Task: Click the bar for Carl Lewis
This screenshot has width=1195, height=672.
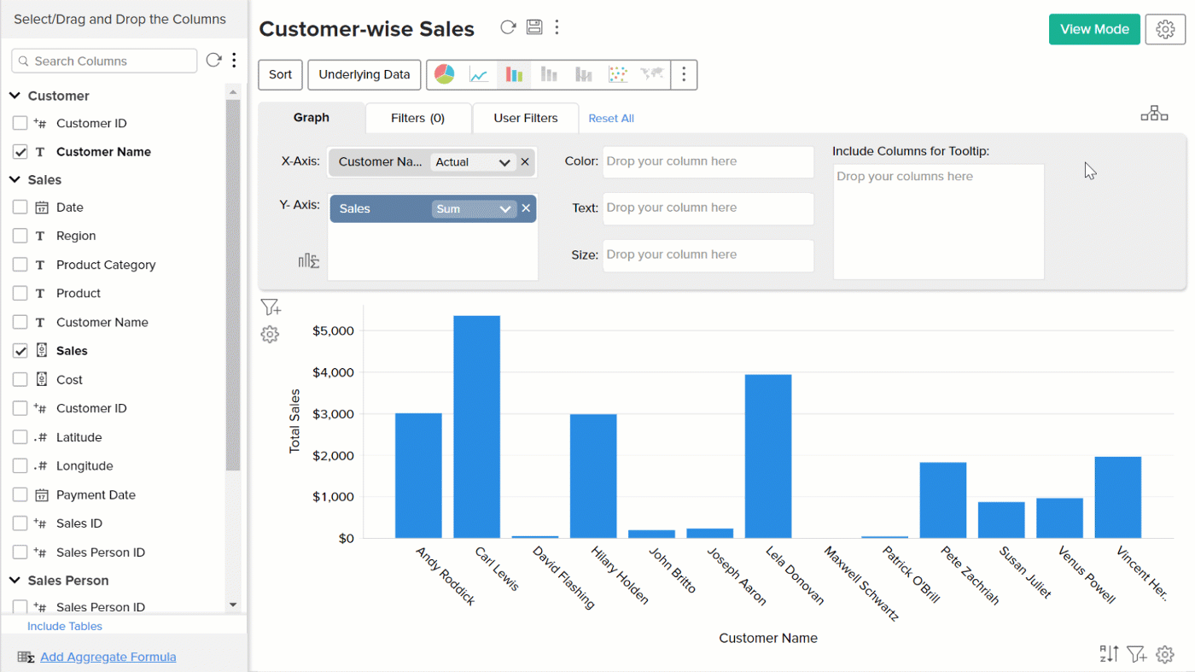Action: coord(476,427)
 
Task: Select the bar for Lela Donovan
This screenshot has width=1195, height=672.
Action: coord(768,456)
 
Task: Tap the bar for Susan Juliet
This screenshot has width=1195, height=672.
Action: coord(1001,520)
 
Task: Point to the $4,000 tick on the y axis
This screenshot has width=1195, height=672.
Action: coord(334,372)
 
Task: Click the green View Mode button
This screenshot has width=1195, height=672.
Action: coord(1094,29)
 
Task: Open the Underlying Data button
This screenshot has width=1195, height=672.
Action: coord(364,74)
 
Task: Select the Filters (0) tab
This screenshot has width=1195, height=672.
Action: coord(417,118)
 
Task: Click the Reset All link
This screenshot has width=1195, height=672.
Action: coord(611,119)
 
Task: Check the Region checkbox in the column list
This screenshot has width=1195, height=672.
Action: coord(20,236)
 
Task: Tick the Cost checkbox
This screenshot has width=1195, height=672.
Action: coord(20,380)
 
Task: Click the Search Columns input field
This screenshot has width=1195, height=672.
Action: coord(104,61)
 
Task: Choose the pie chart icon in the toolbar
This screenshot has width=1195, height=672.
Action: coord(445,74)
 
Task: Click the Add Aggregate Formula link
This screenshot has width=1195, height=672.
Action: coord(108,657)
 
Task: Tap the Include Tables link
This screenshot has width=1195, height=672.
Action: coord(65,626)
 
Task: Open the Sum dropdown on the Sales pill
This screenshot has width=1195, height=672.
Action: coord(474,209)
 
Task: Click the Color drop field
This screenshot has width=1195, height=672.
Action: coord(708,161)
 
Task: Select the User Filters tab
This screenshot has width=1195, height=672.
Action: coord(525,118)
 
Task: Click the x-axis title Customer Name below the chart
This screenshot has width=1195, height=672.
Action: coord(767,638)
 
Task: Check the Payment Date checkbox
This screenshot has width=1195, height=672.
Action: coord(20,495)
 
